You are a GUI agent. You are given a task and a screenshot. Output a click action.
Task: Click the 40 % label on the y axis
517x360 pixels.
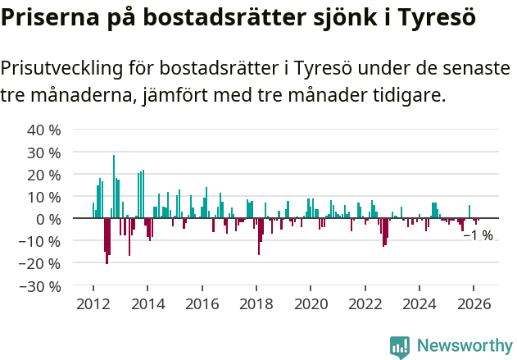click(x=43, y=130)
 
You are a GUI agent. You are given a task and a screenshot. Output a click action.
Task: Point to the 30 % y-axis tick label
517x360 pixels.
click(x=43, y=153)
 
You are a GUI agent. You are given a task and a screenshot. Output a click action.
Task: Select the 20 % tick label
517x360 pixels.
click(x=43, y=175)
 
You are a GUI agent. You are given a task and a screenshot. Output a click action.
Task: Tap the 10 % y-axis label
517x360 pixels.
click(x=43, y=198)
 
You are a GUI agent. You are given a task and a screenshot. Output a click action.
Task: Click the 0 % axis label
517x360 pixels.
click(x=48, y=220)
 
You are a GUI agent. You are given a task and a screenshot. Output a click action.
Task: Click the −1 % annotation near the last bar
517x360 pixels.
click(x=478, y=236)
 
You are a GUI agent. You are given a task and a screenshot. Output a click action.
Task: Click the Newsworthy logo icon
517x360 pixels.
click(x=400, y=347)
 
